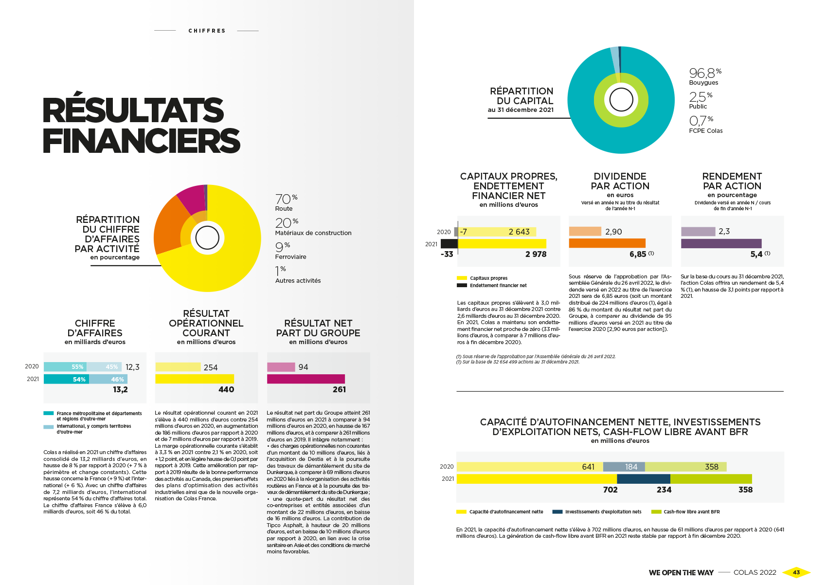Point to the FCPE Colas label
coord(705,131)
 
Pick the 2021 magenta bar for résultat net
coord(306,379)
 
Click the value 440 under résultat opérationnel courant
coord(226,389)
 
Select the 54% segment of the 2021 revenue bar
coord(66,379)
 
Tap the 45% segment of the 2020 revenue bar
coord(104,367)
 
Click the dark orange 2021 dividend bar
coord(607,243)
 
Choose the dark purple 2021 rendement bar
coord(721,243)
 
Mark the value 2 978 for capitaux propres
coord(536,254)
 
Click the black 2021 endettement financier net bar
coord(449,243)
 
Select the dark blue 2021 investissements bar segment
coord(643,479)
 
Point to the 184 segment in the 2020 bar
coord(624,467)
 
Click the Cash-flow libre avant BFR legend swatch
coord(656,512)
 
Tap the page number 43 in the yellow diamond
coord(796,572)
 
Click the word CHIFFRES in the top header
coord(207,31)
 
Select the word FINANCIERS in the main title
coord(142,141)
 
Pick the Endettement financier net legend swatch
coord(462,286)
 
